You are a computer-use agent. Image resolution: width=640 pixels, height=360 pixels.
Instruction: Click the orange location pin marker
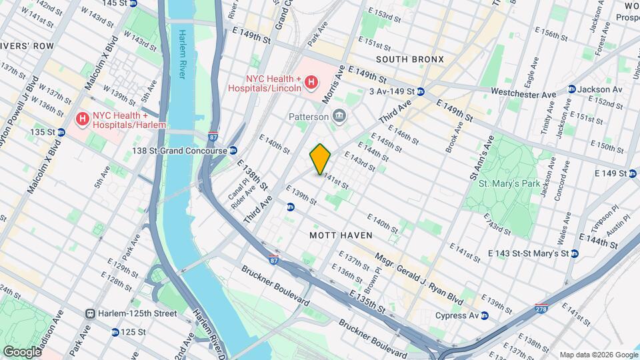coord(320,158)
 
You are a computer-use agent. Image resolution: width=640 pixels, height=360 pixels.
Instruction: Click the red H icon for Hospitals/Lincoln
coord(311,82)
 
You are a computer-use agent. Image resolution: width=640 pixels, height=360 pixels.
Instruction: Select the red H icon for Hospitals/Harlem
coord(82,119)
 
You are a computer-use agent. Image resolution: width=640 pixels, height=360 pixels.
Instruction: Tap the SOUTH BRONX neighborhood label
coord(409,59)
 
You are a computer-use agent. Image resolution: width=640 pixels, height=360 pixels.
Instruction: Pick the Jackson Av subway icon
coord(571,89)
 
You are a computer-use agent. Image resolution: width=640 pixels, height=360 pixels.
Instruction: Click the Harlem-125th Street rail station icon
coord(90,313)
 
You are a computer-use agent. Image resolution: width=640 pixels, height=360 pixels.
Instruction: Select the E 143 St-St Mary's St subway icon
coord(574,253)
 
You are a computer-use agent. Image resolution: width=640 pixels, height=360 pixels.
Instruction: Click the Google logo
coord(21,351)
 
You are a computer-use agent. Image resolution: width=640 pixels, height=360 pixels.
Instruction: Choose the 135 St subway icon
coord(61,132)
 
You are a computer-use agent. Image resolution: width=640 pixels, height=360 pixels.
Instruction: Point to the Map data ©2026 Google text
coord(598,355)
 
